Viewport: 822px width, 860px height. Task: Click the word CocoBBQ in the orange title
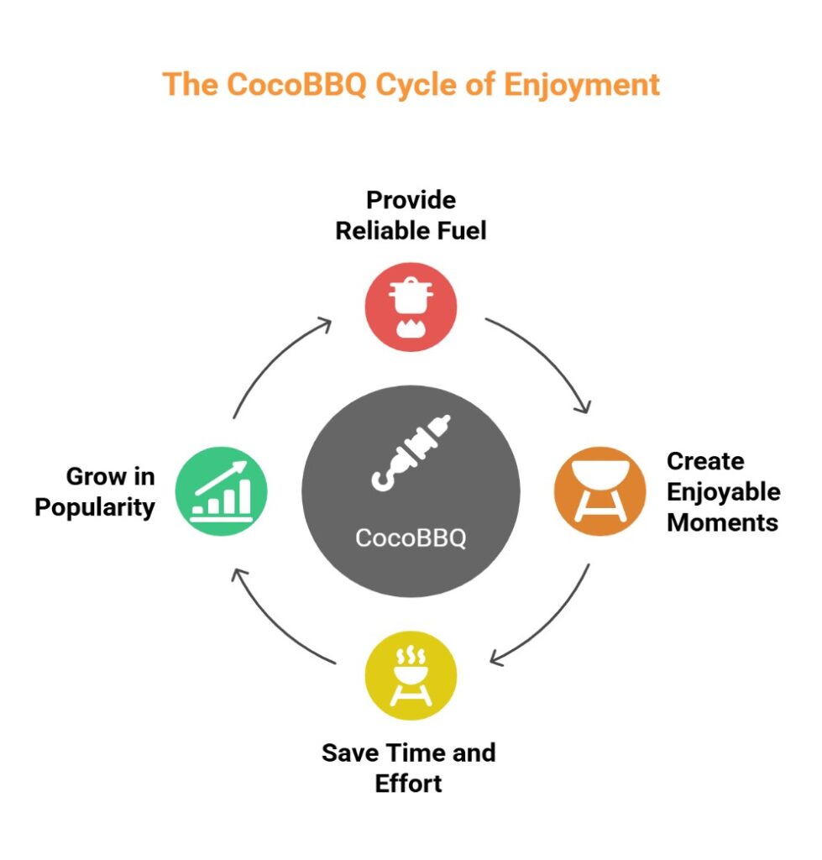296,85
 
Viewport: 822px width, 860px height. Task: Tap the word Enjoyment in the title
582,86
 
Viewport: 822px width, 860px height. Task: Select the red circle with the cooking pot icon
411,307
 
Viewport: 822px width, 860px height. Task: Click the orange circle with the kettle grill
599,491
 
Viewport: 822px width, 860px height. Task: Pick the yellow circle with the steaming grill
411,676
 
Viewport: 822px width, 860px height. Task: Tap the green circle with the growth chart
222,491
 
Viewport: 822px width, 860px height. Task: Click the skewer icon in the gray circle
411,453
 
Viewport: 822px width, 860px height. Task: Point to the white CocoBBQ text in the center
411,538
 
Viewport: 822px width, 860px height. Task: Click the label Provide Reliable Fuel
411,216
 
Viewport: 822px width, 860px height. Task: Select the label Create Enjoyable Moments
723,492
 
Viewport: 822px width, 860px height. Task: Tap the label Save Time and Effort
409,768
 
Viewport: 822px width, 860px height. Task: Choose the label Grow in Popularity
95,492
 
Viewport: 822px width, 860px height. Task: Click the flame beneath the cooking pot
411,328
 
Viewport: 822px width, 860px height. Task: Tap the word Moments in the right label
723,522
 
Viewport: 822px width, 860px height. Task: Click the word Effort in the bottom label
409,784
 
